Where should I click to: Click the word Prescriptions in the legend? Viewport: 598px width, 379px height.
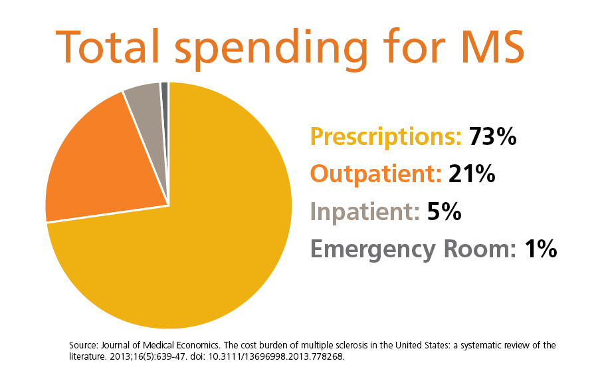(385, 137)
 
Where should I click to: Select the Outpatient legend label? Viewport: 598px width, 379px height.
(376, 174)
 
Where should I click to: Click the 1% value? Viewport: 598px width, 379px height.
(540, 249)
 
